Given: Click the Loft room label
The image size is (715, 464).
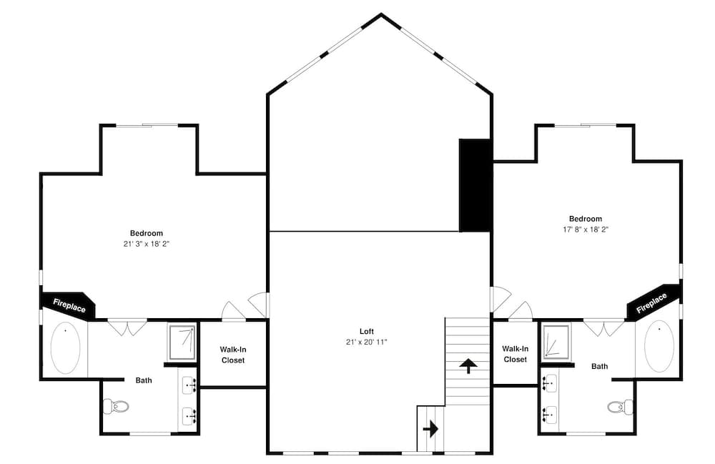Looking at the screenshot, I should [x=366, y=331].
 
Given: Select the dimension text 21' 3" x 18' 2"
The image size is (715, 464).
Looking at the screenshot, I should [x=146, y=244].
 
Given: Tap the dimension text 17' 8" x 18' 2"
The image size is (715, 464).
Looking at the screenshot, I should [x=585, y=229].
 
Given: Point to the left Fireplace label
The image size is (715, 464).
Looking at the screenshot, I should [x=69, y=305].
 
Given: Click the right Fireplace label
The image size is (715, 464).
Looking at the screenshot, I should [x=651, y=302].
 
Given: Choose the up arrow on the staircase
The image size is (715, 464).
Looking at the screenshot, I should [x=468, y=366].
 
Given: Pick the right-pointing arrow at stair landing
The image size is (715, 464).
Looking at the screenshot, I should [x=430, y=429].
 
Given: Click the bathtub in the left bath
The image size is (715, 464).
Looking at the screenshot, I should [x=66, y=348].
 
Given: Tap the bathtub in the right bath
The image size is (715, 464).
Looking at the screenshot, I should [x=659, y=346].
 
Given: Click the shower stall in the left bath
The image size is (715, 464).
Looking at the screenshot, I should [x=182, y=341].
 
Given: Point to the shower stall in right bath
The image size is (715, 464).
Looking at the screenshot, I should [x=556, y=342].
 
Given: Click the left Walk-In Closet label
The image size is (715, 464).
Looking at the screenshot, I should [x=232, y=355].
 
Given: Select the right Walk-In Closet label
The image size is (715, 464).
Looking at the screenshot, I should [x=515, y=353].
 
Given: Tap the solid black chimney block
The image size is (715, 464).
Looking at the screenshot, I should [x=474, y=185].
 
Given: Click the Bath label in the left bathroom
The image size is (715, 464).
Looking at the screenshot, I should [x=144, y=380].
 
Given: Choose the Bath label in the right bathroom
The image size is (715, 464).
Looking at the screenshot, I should [x=599, y=366].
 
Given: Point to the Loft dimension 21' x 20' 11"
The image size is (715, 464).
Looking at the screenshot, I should [x=366, y=342].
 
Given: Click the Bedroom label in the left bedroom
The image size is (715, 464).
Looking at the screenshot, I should [x=146, y=233].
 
